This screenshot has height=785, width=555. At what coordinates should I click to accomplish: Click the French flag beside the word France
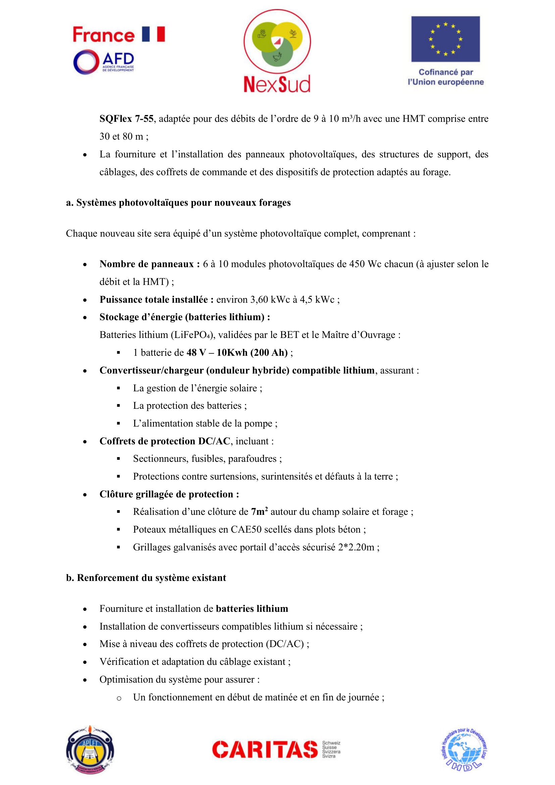click(153, 34)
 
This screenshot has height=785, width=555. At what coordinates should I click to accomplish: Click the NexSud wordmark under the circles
click(277, 84)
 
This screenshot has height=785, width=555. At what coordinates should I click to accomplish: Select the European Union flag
click(445, 39)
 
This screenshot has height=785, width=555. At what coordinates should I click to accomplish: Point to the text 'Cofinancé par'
click(446, 72)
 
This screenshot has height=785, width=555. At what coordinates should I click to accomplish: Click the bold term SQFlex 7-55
click(127, 118)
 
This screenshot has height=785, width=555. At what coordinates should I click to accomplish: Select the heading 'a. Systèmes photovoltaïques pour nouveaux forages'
click(178, 203)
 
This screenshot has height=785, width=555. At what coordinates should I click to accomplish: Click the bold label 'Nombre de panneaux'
click(147, 264)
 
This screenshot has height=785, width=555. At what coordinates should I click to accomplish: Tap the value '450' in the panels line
click(357, 264)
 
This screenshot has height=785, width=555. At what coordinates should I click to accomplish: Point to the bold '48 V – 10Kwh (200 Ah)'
click(237, 352)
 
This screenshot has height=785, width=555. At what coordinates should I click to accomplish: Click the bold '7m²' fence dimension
click(259, 511)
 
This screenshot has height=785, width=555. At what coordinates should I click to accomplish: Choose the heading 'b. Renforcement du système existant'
click(146, 578)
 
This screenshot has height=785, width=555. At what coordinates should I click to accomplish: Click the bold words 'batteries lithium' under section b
click(252, 608)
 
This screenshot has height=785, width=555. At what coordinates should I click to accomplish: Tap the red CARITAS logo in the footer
click(265, 749)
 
